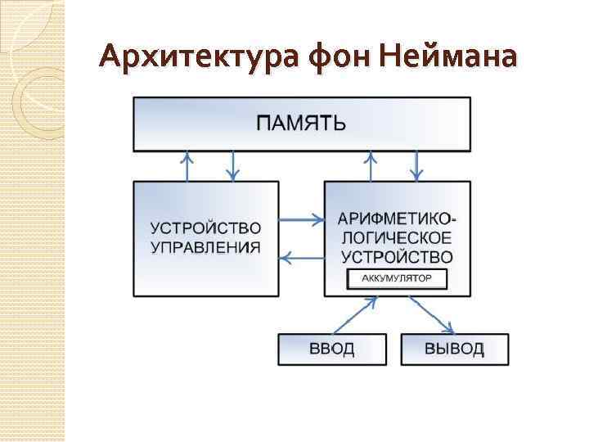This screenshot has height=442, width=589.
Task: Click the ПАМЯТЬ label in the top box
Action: pyautogui.click(x=302, y=124)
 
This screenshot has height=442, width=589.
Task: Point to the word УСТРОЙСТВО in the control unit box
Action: pyautogui.click(x=205, y=226)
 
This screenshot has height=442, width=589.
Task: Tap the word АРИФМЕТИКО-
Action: pyautogui.click(x=398, y=219)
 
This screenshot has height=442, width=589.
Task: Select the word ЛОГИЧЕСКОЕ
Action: pyautogui.click(x=397, y=238)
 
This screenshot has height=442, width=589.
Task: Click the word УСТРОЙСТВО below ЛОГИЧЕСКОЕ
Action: pyautogui.click(x=397, y=256)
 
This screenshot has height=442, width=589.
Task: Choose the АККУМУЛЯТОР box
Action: pyautogui.click(x=398, y=279)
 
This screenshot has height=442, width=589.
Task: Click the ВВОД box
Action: pyautogui.click(x=332, y=350)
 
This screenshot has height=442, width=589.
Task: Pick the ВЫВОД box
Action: pyautogui.click(x=454, y=350)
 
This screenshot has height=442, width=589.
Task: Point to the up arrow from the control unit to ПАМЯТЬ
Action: pyautogui.click(x=188, y=166)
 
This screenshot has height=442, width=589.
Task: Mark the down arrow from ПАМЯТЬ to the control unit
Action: pyautogui.click(x=234, y=166)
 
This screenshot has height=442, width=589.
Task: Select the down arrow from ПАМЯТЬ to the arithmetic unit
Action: pyautogui.click(x=417, y=166)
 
